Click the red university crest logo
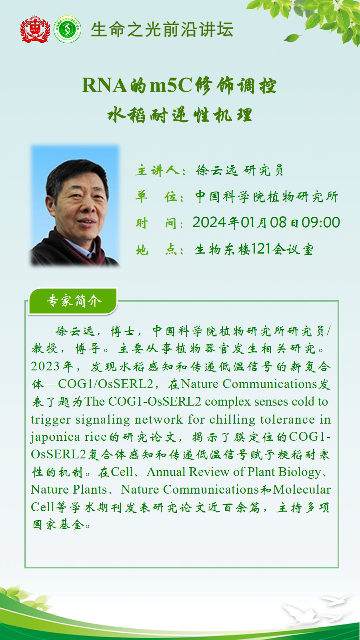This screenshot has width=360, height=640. [x=35, y=29]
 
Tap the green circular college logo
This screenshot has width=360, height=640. [x=67, y=29]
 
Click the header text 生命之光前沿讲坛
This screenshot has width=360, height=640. [x=162, y=30]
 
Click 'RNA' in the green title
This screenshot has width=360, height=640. [x=104, y=85]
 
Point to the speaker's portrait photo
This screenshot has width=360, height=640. [x=75, y=205]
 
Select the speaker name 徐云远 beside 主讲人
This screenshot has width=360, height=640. [x=217, y=170]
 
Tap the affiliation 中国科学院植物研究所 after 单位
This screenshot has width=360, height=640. [x=267, y=197]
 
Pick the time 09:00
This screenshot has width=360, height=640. [x=321, y=222]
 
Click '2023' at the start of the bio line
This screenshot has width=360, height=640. [x=45, y=366]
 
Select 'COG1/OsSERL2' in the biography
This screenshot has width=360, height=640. [x=106, y=384]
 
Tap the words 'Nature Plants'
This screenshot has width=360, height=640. [x=69, y=489]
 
